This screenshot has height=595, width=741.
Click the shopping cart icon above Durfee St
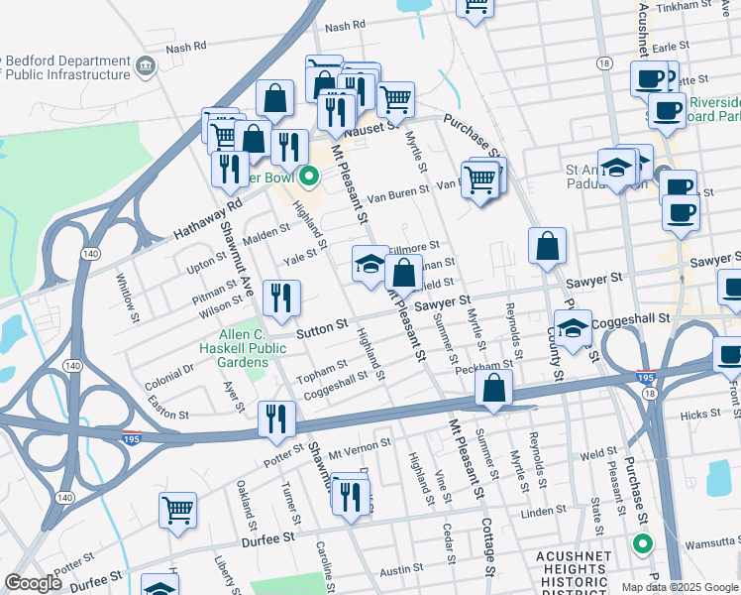(177, 509)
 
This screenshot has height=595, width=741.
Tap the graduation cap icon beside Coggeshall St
(573, 328)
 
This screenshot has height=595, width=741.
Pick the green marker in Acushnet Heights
(642, 543)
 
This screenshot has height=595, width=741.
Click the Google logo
(34, 583)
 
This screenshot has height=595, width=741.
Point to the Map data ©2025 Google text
(679, 586)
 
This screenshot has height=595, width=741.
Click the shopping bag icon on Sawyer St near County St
(547, 247)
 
